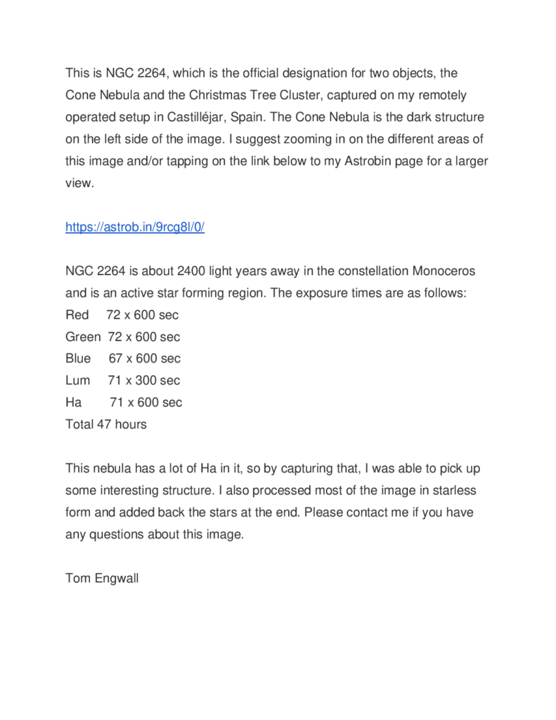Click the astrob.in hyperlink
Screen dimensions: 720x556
coord(134,227)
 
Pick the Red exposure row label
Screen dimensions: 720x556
coord(77,315)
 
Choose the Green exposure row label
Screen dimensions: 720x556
coord(83,337)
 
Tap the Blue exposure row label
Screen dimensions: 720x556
coord(78,359)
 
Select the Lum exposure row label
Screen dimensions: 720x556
coord(78,380)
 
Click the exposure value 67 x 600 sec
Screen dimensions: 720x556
coord(145,359)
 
